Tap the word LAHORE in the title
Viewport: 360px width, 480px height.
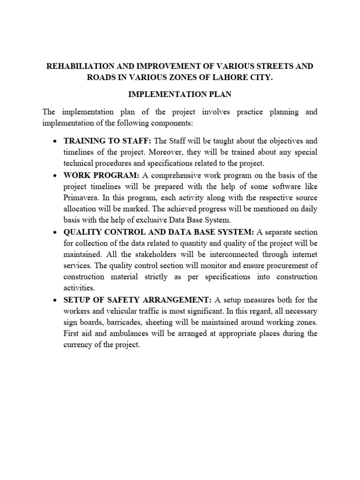click(x=221, y=77)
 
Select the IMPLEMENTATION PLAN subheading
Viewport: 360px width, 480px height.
click(x=180, y=95)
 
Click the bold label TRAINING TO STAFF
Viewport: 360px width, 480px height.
click(x=107, y=141)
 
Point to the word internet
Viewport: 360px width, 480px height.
click(x=302, y=255)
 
